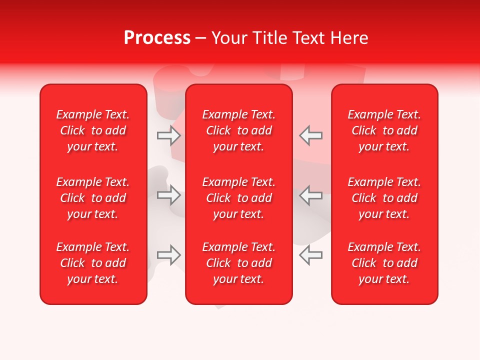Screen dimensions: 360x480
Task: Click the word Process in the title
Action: (157, 38)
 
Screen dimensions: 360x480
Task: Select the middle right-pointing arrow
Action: (169, 195)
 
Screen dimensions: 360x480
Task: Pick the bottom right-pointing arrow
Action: (169, 255)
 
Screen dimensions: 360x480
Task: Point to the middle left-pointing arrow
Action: (310, 195)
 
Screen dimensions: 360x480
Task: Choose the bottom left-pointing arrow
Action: (310, 255)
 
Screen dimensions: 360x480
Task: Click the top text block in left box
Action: (93, 130)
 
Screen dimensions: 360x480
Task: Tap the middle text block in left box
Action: (93, 198)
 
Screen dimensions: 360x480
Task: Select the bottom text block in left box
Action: (93, 263)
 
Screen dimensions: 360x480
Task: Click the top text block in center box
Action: (239, 130)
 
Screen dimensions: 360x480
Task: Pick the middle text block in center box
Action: (239, 198)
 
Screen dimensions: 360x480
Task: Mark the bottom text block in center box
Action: (239, 263)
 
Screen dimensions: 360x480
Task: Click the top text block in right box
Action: (384, 130)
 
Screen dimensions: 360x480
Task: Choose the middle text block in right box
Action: (384, 198)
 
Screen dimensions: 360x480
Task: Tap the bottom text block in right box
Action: (384, 263)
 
